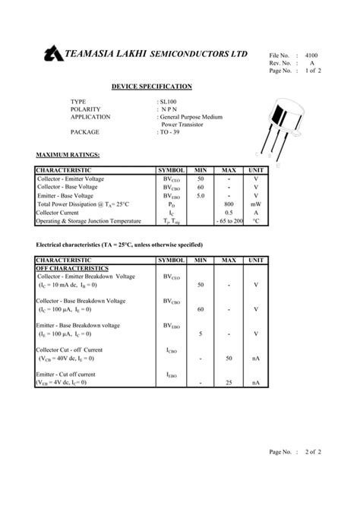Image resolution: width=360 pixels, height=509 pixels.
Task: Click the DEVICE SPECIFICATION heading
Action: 151,87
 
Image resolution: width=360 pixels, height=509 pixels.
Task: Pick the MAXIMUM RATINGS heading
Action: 68,155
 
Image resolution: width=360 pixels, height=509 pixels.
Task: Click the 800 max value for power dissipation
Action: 229,204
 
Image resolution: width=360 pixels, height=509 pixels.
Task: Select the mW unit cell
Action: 256,204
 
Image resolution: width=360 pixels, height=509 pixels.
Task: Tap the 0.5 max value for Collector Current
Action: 229,213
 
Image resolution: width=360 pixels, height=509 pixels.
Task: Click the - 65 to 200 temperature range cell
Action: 229,221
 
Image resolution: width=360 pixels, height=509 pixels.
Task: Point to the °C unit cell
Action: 256,221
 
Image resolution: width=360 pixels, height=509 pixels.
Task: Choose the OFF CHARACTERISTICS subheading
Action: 73,268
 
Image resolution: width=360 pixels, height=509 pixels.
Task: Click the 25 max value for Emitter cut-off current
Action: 229,383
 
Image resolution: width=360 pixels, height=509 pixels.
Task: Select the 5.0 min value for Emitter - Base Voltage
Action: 201,195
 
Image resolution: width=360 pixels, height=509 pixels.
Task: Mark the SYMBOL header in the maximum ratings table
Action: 171,170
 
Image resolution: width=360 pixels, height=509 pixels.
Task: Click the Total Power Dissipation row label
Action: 84,204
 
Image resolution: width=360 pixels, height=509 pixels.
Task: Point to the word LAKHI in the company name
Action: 135,55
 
